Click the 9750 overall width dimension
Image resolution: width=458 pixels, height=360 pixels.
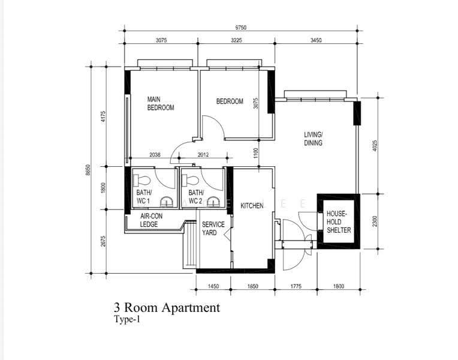pos(241,28)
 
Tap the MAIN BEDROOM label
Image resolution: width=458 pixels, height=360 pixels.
pos(160,104)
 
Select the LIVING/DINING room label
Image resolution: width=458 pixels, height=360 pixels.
pos(313,139)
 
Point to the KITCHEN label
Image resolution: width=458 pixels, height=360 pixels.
pos(252,206)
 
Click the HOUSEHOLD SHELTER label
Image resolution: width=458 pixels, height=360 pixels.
pos(339,221)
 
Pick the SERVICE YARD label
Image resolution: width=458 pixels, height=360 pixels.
pos(213,229)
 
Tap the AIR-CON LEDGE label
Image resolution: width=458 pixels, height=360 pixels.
pos(151,220)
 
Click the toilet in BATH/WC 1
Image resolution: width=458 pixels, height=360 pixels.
pos(141,181)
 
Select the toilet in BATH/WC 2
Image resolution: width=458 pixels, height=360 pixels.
pos(190,180)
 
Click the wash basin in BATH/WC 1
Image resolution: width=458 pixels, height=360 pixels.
pos(167,202)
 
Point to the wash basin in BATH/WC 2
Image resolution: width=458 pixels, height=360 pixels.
pos(214,202)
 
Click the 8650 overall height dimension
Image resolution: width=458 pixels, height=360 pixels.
pos(88,170)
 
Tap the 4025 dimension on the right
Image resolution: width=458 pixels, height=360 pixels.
pos(375,146)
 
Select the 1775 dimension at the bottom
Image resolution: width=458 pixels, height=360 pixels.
pos(296,286)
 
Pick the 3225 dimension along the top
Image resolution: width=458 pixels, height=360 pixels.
pos(236,40)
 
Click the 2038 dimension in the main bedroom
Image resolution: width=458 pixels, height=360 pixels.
pos(155,155)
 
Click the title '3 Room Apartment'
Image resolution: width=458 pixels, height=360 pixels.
pos(167,308)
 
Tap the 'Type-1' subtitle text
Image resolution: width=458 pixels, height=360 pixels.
pos(127,319)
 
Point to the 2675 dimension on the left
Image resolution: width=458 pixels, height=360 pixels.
pos(103,241)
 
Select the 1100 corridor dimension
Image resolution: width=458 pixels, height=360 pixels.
pos(256,153)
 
